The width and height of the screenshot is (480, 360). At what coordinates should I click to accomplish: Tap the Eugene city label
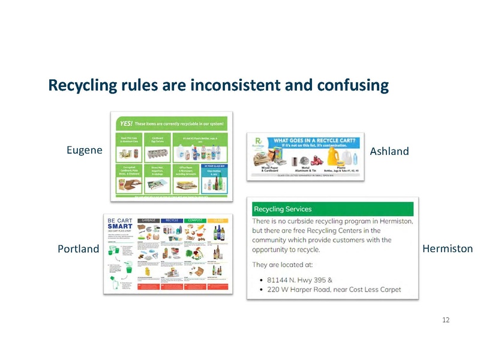(84, 150)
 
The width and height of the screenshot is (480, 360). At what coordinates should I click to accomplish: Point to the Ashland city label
(389, 151)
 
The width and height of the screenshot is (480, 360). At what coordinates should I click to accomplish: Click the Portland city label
(78, 249)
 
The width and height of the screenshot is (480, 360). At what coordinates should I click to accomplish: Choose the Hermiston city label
(448, 248)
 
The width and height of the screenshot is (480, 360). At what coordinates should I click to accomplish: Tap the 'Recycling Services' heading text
(283, 209)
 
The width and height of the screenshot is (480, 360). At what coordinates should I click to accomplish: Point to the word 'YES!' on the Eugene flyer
(126, 123)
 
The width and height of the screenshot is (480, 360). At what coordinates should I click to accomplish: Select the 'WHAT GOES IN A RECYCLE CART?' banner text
(316, 141)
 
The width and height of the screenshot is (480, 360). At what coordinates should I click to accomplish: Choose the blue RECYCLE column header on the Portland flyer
(174, 220)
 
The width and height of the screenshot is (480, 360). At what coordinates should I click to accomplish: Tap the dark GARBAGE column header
(149, 220)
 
